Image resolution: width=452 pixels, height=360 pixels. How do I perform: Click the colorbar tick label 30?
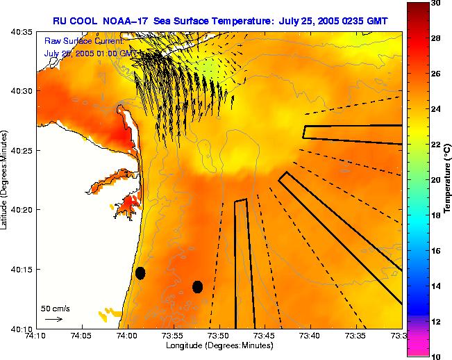point(435,3)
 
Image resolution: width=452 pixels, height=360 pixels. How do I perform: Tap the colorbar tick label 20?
point(435,179)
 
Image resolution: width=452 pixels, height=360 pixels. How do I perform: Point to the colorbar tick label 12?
point(435,322)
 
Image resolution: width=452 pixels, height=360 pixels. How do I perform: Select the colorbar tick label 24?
point(435,109)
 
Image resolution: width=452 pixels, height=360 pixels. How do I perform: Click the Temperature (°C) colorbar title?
point(448,179)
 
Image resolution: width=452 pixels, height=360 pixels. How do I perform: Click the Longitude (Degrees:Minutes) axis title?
point(218,346)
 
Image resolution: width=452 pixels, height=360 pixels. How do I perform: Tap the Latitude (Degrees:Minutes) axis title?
point(6,179)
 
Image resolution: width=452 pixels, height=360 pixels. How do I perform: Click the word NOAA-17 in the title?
point(128,19)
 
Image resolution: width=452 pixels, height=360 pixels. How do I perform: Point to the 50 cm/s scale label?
point(55,308)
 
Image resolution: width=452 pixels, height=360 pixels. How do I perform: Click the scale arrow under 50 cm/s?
point(53,319)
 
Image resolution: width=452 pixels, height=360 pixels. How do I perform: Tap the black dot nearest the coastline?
point(140,273)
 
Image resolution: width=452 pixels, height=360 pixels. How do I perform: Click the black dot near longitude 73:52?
point(197,286)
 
